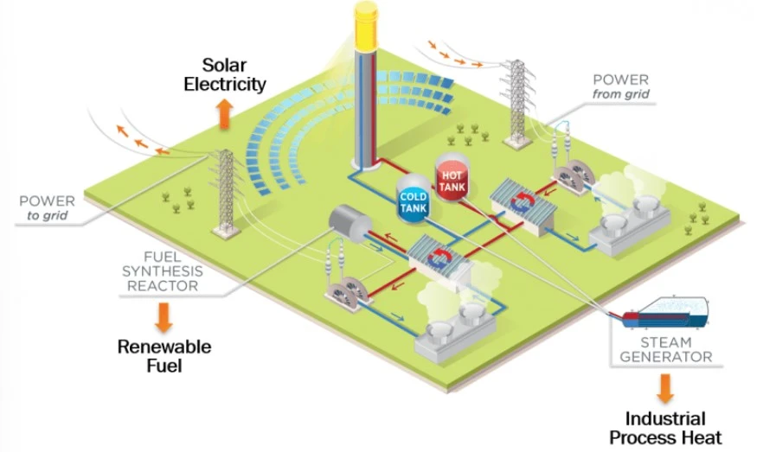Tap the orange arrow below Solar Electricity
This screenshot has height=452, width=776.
click(x=225, y=114)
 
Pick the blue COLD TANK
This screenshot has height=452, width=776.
click(x=414, y=202)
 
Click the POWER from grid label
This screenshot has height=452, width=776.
click(x=620, y=86)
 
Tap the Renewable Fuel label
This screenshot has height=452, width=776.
click(x=164, y=355)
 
